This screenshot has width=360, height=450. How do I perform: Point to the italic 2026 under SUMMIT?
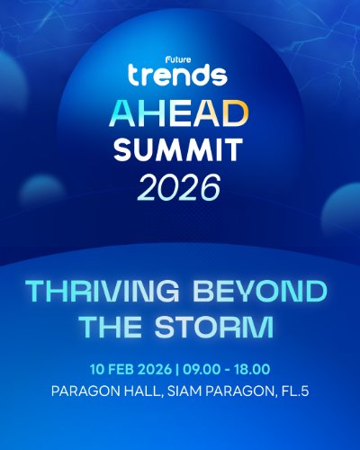click(x=179, y=186)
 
